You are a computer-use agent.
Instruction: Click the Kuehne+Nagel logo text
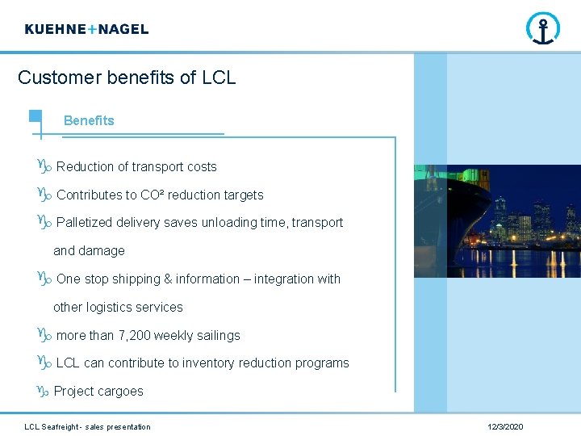[86, 29]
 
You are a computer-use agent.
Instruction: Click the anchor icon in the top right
[543, 29]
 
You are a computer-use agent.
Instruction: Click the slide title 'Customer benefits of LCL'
[127, 78]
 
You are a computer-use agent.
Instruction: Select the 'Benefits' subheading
[89, 120]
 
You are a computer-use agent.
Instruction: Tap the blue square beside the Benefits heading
[36, 115]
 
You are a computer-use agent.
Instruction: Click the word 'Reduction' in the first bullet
[86, 167]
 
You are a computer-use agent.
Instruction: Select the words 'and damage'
[89, 251]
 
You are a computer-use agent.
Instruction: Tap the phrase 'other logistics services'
[118, 308]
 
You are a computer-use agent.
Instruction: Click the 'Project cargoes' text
[98, 392]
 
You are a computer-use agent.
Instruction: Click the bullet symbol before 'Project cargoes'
[44, 392]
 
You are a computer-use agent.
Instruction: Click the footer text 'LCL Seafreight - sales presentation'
[87, 426]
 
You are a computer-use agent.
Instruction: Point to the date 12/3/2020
[505, 426]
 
